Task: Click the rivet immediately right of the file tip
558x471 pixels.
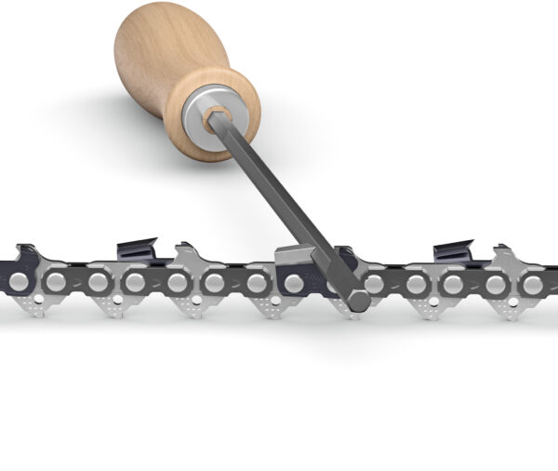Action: coord(377,282)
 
